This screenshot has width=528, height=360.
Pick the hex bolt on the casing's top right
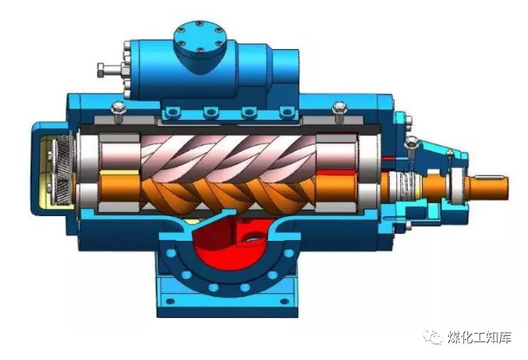tap(339, 111)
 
